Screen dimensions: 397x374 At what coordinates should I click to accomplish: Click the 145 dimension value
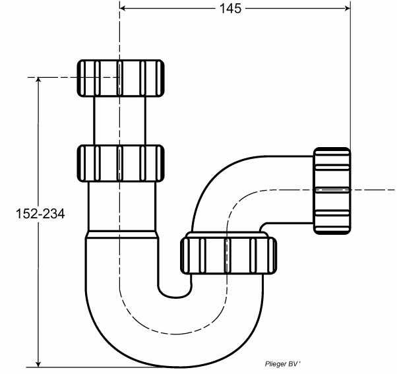230,9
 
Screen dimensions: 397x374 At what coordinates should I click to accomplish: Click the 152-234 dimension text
40,214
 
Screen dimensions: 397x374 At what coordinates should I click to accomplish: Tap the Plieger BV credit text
282,364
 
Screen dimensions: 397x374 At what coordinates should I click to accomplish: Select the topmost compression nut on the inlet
121,78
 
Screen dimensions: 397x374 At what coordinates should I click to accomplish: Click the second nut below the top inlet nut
121,163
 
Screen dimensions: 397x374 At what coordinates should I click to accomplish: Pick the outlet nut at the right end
332,191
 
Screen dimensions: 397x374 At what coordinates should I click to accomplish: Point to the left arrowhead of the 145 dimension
123,9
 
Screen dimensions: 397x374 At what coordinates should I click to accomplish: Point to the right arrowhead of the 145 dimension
348,9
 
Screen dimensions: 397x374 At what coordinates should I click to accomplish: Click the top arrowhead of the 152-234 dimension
38,80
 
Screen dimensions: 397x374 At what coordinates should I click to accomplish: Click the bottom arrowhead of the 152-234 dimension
38,363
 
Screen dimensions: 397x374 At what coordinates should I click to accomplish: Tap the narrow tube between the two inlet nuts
120,121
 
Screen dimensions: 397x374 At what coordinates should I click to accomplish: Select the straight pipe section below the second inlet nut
122,206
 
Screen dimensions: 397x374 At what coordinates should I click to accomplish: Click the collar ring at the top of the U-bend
122,234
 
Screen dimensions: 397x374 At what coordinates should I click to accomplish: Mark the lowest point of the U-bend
174,366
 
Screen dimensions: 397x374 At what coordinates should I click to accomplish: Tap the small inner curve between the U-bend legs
175,294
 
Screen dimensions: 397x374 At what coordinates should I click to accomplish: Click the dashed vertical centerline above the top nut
119,30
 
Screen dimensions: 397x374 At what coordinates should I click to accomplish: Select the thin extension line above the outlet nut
350,74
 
